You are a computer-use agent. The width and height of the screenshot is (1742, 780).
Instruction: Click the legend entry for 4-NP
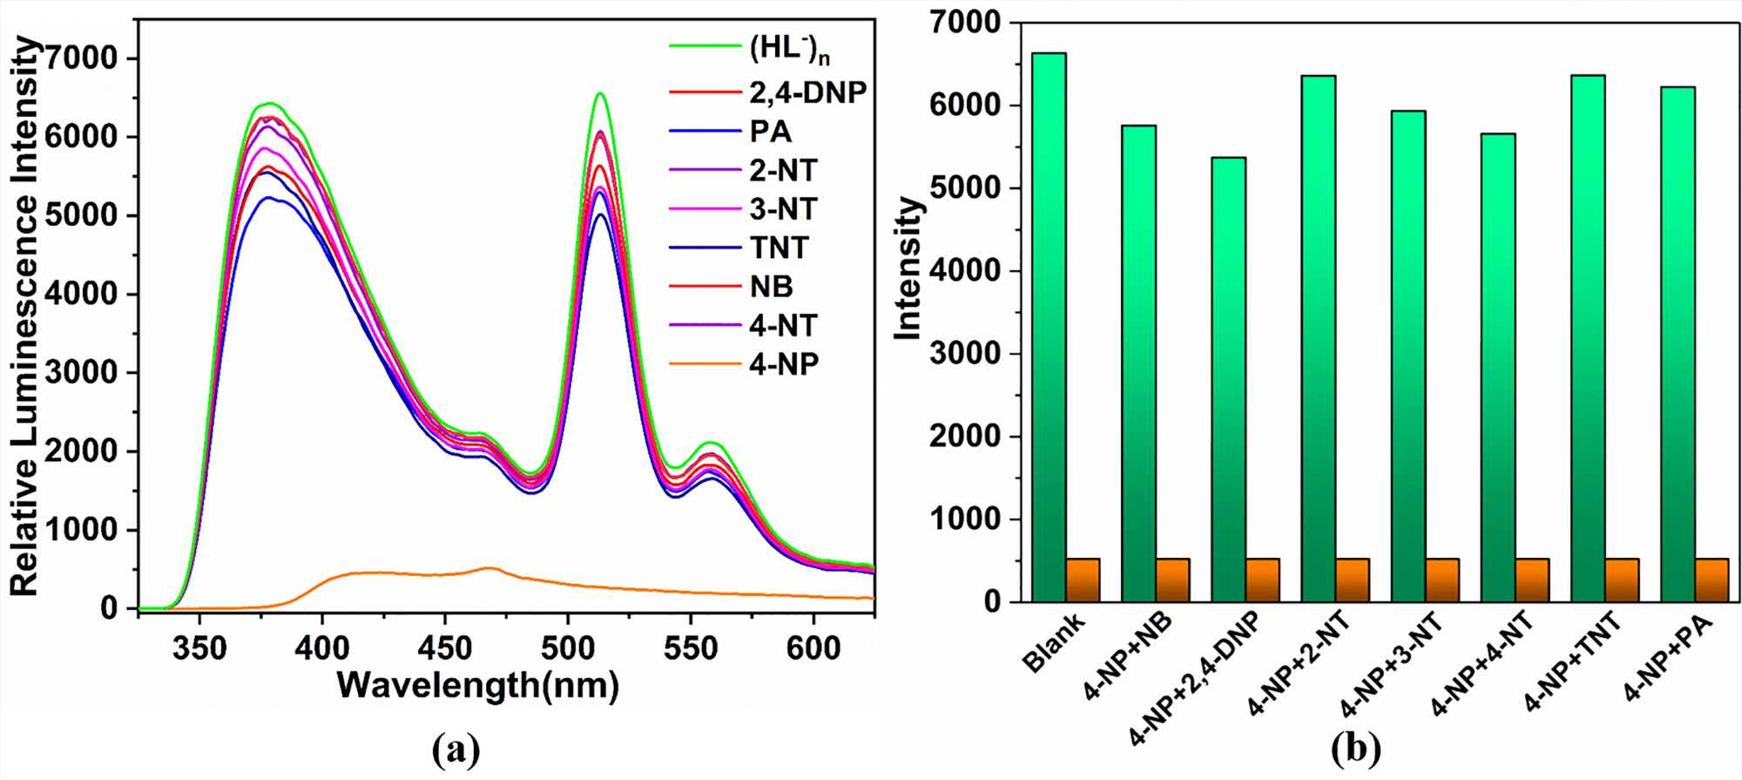(784, 364)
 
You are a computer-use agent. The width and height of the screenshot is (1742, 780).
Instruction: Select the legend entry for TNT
(780, 248)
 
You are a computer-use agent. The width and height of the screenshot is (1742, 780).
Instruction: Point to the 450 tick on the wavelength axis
(445, 648)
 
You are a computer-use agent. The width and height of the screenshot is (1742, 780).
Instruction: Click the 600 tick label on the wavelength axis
(814, 648)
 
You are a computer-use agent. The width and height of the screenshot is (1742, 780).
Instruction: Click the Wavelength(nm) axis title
(478, 685)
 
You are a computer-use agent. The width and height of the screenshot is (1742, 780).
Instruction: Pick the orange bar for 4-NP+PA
(1712, 580)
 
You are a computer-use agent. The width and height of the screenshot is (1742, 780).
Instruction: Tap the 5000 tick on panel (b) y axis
(964, 188)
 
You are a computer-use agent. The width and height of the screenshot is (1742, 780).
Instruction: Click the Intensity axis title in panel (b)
(908, 268)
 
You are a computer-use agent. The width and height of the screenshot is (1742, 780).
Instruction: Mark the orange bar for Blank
(1083, 580)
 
